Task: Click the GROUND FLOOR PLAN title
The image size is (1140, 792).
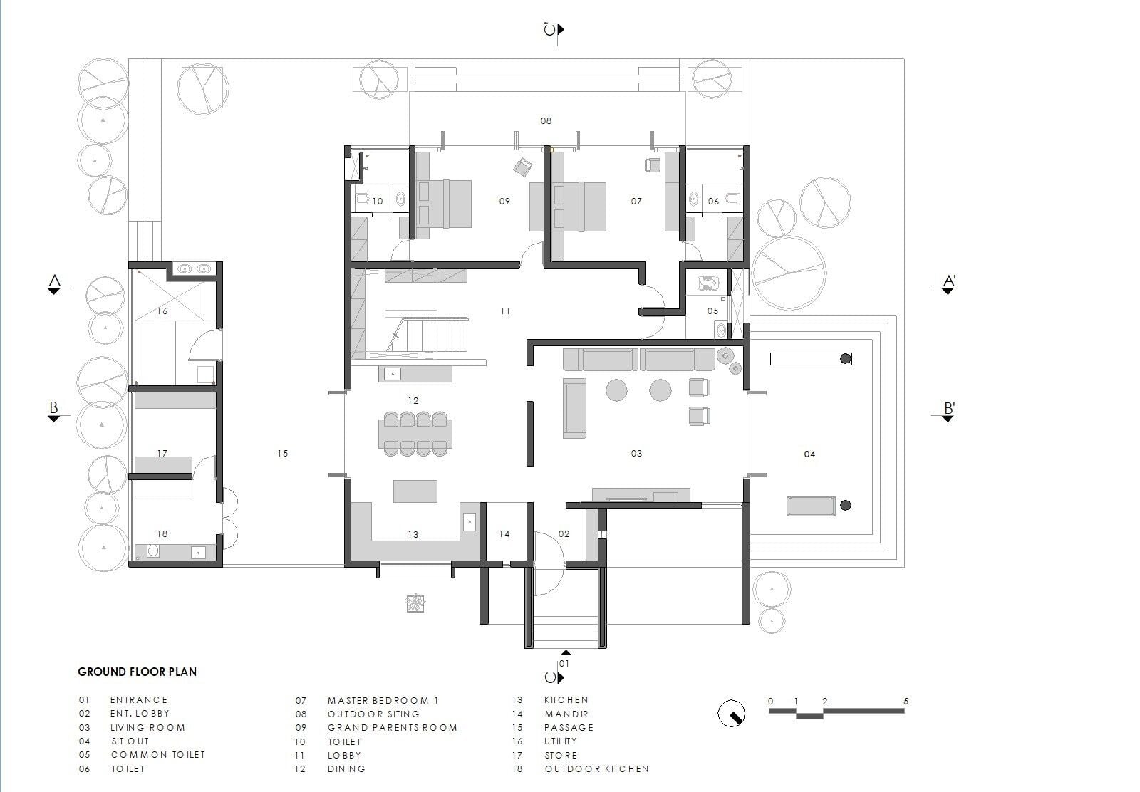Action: pyautogui.click(x=137, y=672)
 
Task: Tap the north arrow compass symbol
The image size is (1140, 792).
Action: pyautogui.click(x=731, y=714)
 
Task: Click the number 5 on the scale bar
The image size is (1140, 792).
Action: pyautogui.click(x=906, y=701)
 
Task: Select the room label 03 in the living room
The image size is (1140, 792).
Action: pyautogui.click(x=636, y=453)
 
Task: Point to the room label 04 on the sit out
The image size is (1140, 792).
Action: pyautogui.click(x=809, y=454)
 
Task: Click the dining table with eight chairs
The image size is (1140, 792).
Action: pyautogui.click(x=415, y=434)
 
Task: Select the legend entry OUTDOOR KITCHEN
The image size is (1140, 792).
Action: pyautogui.click(x=596, y=768)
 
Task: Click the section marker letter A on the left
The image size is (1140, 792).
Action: pyautogui.click(x=54, y=281)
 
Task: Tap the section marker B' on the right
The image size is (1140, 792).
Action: pyautogui.click(x=949, y=408)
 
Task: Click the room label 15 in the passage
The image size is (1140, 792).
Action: pyautogui.click(x=282, y=453)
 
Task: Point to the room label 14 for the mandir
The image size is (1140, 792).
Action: pyautogui.click(x=504, y=533)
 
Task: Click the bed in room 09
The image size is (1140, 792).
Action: pyautogui.click(x=445, y=204)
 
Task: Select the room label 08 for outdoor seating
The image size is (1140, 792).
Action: pyautogui.click(x=546, y=120)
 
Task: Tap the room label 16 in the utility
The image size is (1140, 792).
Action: pyautogui.click(x=162, y=311)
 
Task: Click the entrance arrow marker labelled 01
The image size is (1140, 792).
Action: pyautogui.click(x=566, y=652)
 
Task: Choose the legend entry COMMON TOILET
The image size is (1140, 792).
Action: pyautogui.click(x=157, y=755)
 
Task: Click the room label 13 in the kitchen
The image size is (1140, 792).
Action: pyautogui.click(x=413, y=535)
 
